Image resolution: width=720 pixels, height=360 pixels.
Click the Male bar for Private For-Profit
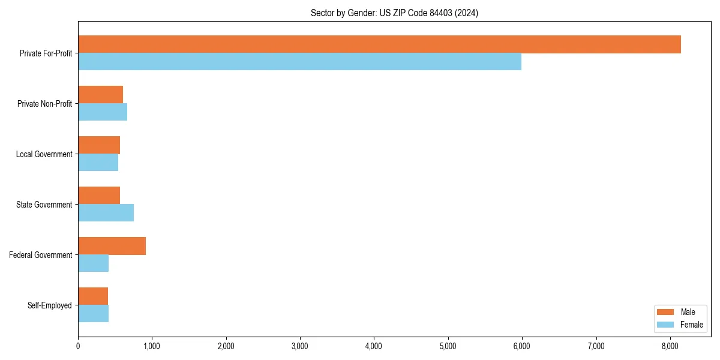coord(379,44)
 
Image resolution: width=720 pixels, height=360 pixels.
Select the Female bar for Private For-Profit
coord(299,62)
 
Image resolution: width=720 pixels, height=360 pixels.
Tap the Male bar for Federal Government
coord(112,246)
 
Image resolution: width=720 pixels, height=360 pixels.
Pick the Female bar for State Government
coord(106,213)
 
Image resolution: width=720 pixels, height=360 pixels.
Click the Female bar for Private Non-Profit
coord(103,112)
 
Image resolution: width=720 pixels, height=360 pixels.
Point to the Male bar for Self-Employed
coord(93,296)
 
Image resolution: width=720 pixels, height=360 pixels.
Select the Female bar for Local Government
coord(98,163)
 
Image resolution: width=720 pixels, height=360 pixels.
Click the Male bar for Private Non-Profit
coord(100,95)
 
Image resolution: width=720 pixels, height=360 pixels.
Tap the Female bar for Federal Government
coord(93,263)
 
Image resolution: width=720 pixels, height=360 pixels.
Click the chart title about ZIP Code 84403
coord(394,13)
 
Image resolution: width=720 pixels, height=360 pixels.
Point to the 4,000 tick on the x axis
coord(374,346)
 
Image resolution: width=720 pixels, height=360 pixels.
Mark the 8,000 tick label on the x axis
coord(670,346)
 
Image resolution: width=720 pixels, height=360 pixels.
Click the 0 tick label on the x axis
coord(78,346)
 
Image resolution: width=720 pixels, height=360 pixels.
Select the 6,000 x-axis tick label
coord(522,346)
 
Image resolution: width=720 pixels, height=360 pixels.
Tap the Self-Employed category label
coord(50,305)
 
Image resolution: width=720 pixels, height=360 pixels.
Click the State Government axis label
coord(44,205)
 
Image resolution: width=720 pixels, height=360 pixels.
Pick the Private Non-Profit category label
coord(44,104)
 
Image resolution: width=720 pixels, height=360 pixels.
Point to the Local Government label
coord(44,154)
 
